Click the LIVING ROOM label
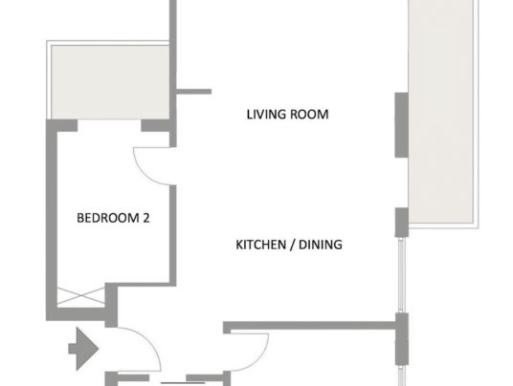(287, 115)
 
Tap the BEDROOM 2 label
(113, 218)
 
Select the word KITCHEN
(261, 245)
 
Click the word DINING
(321, 245)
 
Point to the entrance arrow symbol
(83, 349)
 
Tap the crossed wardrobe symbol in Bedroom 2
(80, 296)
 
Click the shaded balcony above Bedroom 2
(110, 82)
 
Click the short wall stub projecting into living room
(193, 92)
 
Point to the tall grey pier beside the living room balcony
(401, 125)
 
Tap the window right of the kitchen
(402, 275)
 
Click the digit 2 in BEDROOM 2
(146, 218)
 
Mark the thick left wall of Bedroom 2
(52, 220)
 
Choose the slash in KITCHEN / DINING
(293, 245)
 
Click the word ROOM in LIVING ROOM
(309, 115)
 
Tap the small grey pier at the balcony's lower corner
(401, 222)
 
